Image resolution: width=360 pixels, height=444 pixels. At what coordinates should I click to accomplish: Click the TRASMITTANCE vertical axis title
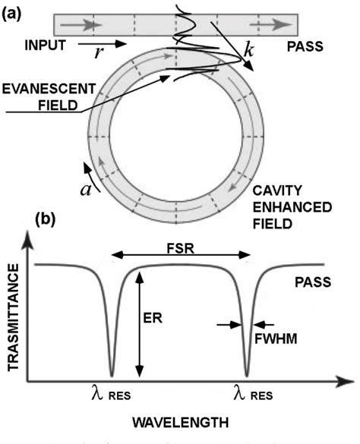(14, 315)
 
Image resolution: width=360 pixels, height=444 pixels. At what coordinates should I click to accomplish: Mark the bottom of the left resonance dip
(112, 375)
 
